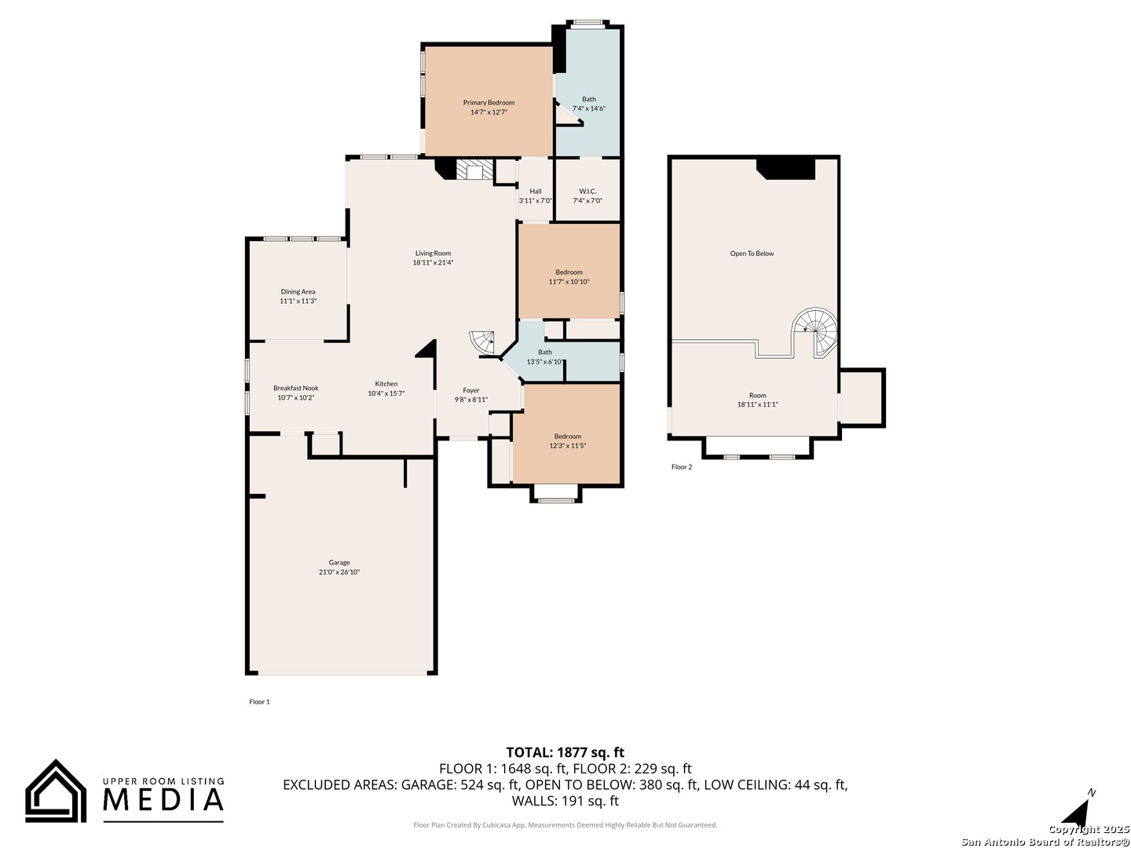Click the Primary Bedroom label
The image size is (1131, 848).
tap(489, 102)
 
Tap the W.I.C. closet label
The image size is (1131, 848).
tap(587, 192)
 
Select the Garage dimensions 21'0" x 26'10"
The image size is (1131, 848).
tap(339, 572)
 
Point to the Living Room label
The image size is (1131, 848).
tap(433, 254)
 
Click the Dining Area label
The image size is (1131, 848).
tap(298, 291)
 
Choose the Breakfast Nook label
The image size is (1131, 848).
tap(296, 388)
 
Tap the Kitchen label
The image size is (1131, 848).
tap(386, 384)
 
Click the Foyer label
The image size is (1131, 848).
tap(471, 390)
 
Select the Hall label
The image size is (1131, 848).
tap(536, 192)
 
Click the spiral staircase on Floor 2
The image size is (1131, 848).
tap(816, 331)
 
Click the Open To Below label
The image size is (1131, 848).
tap(752, 254)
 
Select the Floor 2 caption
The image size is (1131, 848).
tap(681, 467)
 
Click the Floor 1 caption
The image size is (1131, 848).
tap(259, 702)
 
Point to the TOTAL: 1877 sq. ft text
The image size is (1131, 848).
tap(565, 752)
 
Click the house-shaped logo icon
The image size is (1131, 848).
tap(56, 791)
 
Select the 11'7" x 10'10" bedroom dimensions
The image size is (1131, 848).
tap(569, 282)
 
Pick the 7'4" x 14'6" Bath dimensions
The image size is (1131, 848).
tap(589, 108)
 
